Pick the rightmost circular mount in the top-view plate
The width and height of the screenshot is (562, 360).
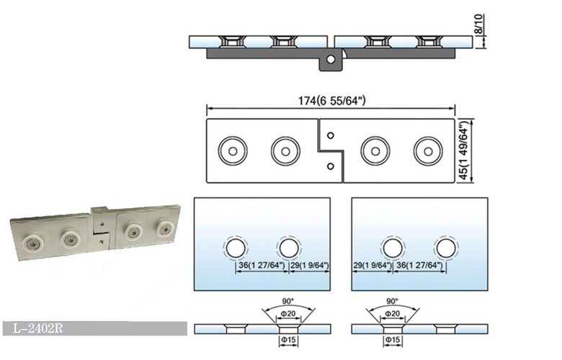pyautogui.click(x=428, y=150)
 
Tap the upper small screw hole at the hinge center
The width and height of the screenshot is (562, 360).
pyautogui.click(x=330, y=134)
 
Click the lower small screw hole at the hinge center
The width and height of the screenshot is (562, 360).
pyautogui.click(x=330, y=166)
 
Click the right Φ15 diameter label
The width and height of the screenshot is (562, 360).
pyautogui.click(x=393, y=338)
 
